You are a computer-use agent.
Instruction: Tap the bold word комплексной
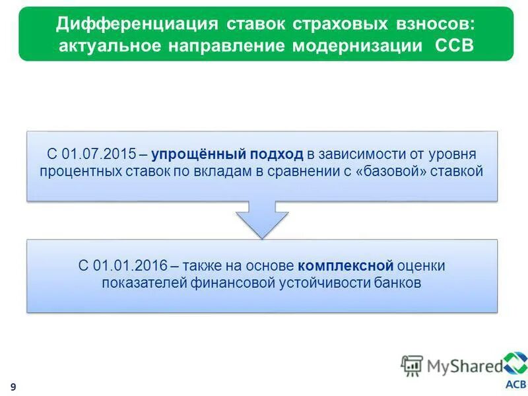[x=345, y=265]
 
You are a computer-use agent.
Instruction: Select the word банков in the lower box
[x=397, y=282]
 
